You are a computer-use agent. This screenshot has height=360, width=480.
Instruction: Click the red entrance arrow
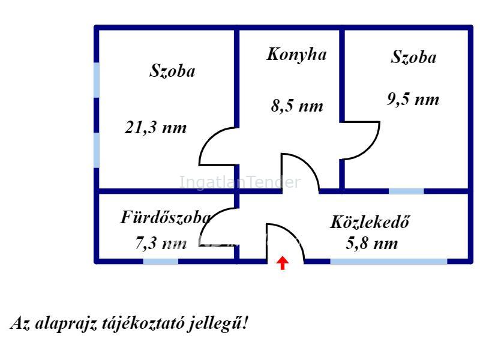pyautogui.click(x=282, y=263)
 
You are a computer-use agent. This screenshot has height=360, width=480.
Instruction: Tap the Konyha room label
pyautogui.click(x=296, y=55)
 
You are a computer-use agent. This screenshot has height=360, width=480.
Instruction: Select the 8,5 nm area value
pyautogui.click(x=297, y=106)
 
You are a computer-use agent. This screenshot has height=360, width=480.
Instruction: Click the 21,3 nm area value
pyautogui.click(x=155, y=127)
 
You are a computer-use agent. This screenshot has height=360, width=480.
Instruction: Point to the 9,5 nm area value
pyautogui.click(x=413, y=99)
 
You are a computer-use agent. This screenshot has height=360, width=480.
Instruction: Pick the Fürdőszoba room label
pyautogui.click(x=166, y=217)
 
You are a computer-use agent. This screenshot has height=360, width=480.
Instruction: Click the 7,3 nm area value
pyautogui.click(x=161, y=244)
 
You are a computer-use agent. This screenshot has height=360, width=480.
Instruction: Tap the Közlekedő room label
pyautogui.click(x=370, y=221)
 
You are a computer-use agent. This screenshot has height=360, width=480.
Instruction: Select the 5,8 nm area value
pyautogui.click(x=372, y=244)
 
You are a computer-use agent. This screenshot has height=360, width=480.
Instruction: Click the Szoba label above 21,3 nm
pyautogui.click(x=172, y=71)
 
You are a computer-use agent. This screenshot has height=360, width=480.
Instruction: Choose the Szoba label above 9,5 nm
pyautogui.click(x=413, y=57)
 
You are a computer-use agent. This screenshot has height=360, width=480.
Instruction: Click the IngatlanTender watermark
pyautogui.click(x=239, y=182)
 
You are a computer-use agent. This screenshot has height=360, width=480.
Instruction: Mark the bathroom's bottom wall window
pyautogui.click(x=161, y=262)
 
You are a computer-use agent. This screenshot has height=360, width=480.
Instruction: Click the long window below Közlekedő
pyautogui.click(x=388, y=262)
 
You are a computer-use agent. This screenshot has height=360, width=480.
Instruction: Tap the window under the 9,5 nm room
pyautogui.click(x=406, y=191)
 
